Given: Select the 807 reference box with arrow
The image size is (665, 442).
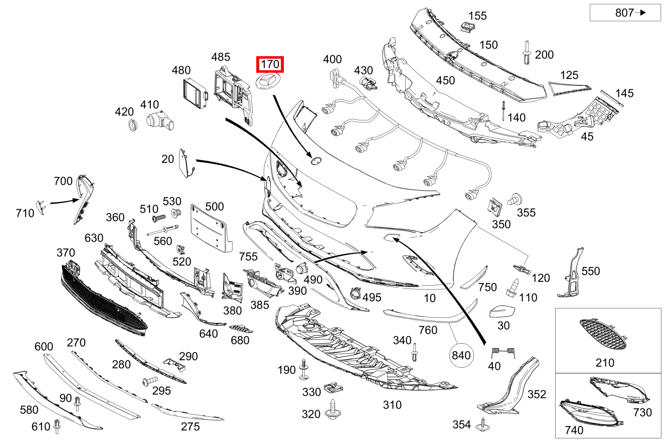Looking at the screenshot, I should pyautogui.click(x=625, y=13).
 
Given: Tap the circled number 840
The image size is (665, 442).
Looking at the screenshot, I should pyautogui.click(x=461, y=355).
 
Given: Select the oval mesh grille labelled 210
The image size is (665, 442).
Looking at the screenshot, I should pyautogui.click(x=602, y=335).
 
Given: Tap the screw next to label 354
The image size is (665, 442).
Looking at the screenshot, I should pyautogui.click(x=484, y=424).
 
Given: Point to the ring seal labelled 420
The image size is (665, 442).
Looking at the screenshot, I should pyautogui.click(x=132, y=125).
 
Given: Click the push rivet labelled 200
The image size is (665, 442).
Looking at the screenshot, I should pyautogui.click(x=527, y=53).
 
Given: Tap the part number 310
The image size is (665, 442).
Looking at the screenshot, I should pyautogui.click(x=392, y=404).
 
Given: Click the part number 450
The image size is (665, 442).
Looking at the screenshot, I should pyautogui.click(x=445, y=80).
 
